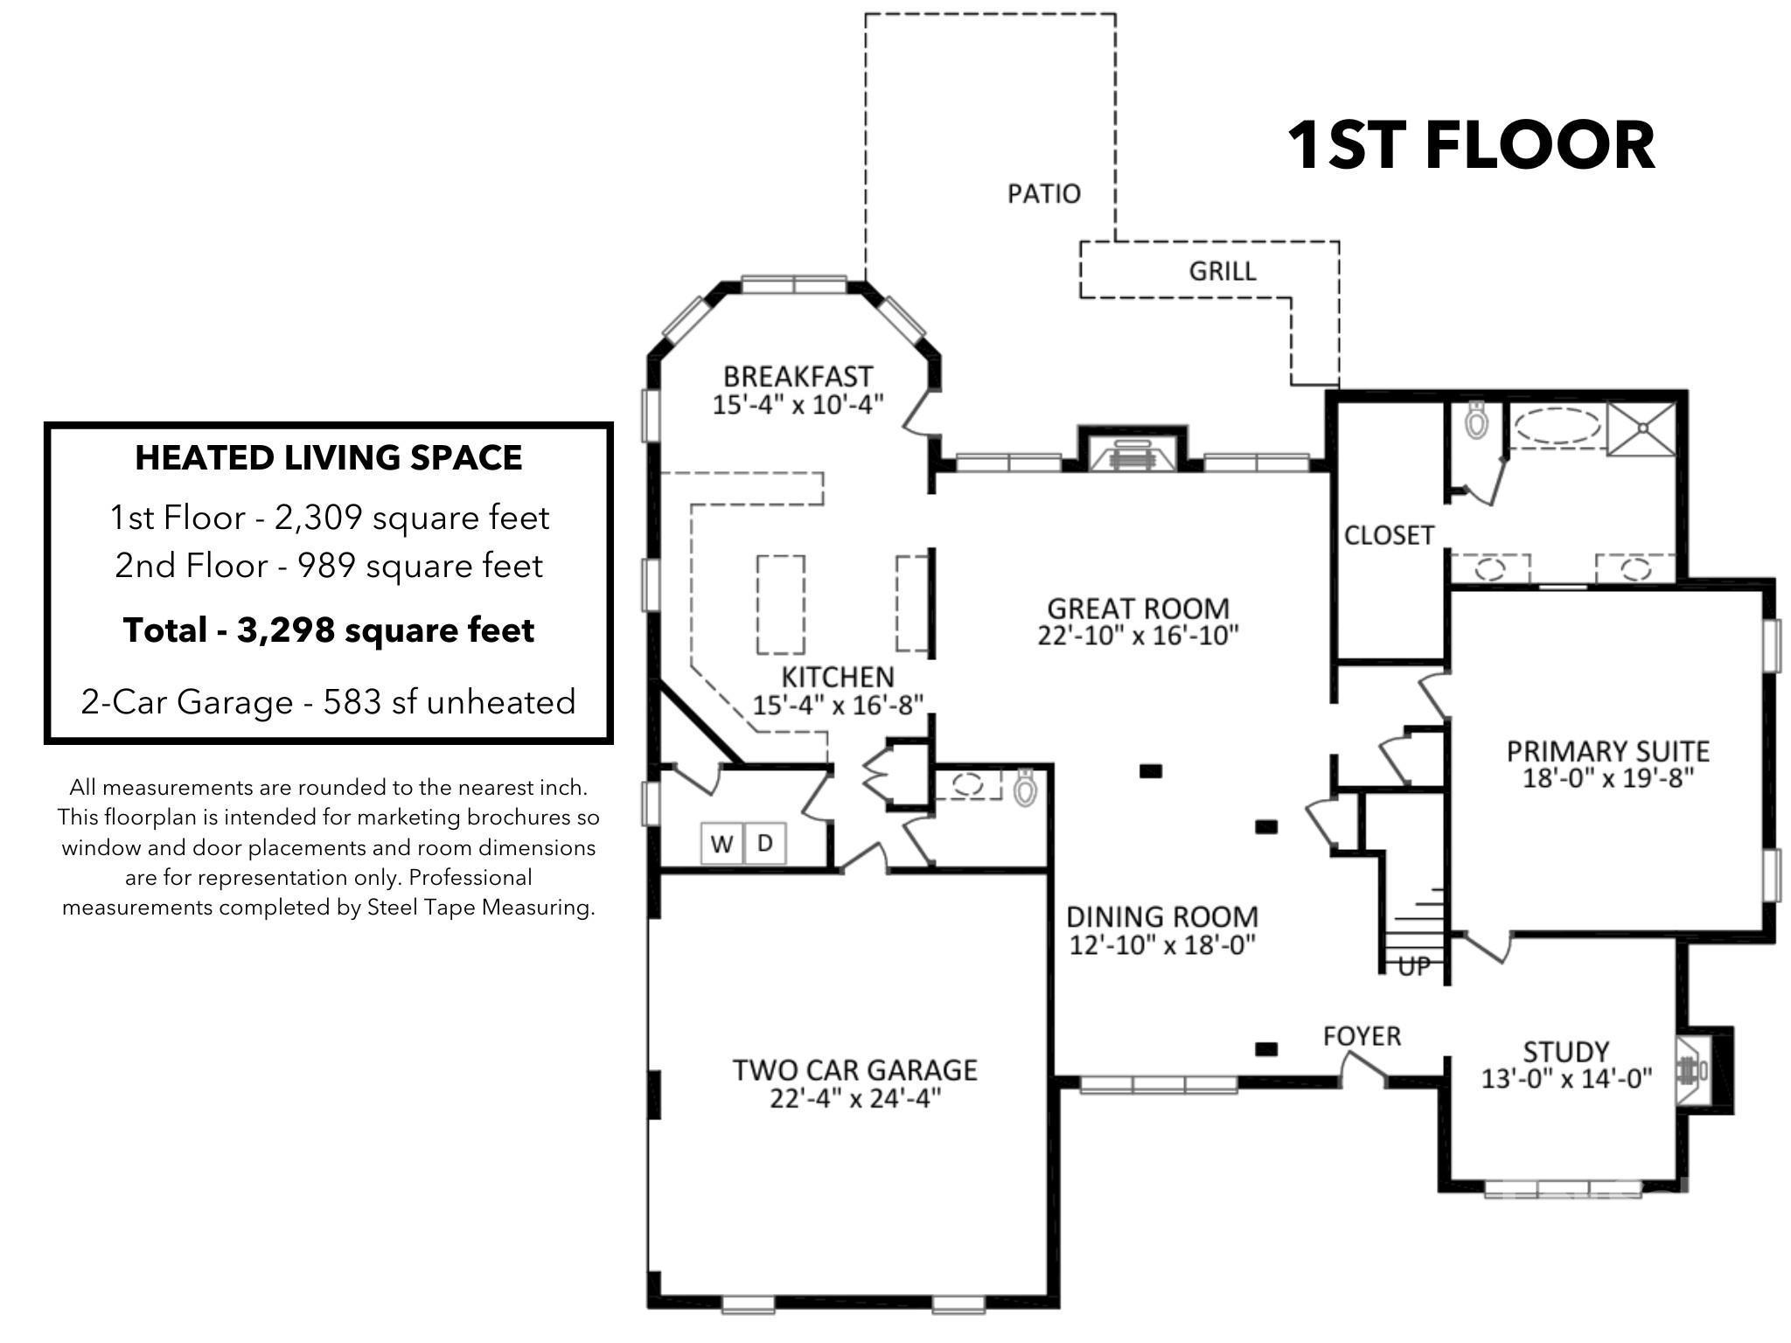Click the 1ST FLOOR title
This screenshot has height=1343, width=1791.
[x=1471, y=145]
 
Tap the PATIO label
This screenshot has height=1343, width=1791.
[x=1044, y=193]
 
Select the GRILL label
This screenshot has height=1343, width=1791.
[x=1223, y=271]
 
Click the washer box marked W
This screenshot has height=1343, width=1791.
[x=722, y=843]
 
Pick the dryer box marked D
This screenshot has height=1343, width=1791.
[x=765, y=843]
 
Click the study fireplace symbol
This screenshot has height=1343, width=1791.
[x=1694, y=1070]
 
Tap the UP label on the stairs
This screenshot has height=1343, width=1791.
[x=1414, y=966]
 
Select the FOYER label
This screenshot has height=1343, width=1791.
[x=1362, y=1036]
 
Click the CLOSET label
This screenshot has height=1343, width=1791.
[x=1389, y=535]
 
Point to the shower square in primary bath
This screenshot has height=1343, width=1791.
[x=1641, y=428]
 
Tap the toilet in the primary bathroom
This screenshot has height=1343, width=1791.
[x=1477, y=421]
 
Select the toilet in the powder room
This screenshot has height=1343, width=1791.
[x=1025, y=787]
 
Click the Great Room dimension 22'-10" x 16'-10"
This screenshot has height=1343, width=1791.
[x=1139, y=635]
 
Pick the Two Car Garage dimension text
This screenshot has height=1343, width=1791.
[x=855, y=1098]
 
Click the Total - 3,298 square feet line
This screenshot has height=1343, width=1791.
[x=329, y=630]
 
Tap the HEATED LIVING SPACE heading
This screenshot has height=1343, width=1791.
[x=329, y=458]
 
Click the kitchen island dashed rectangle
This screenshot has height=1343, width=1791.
[x=781, y=605]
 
